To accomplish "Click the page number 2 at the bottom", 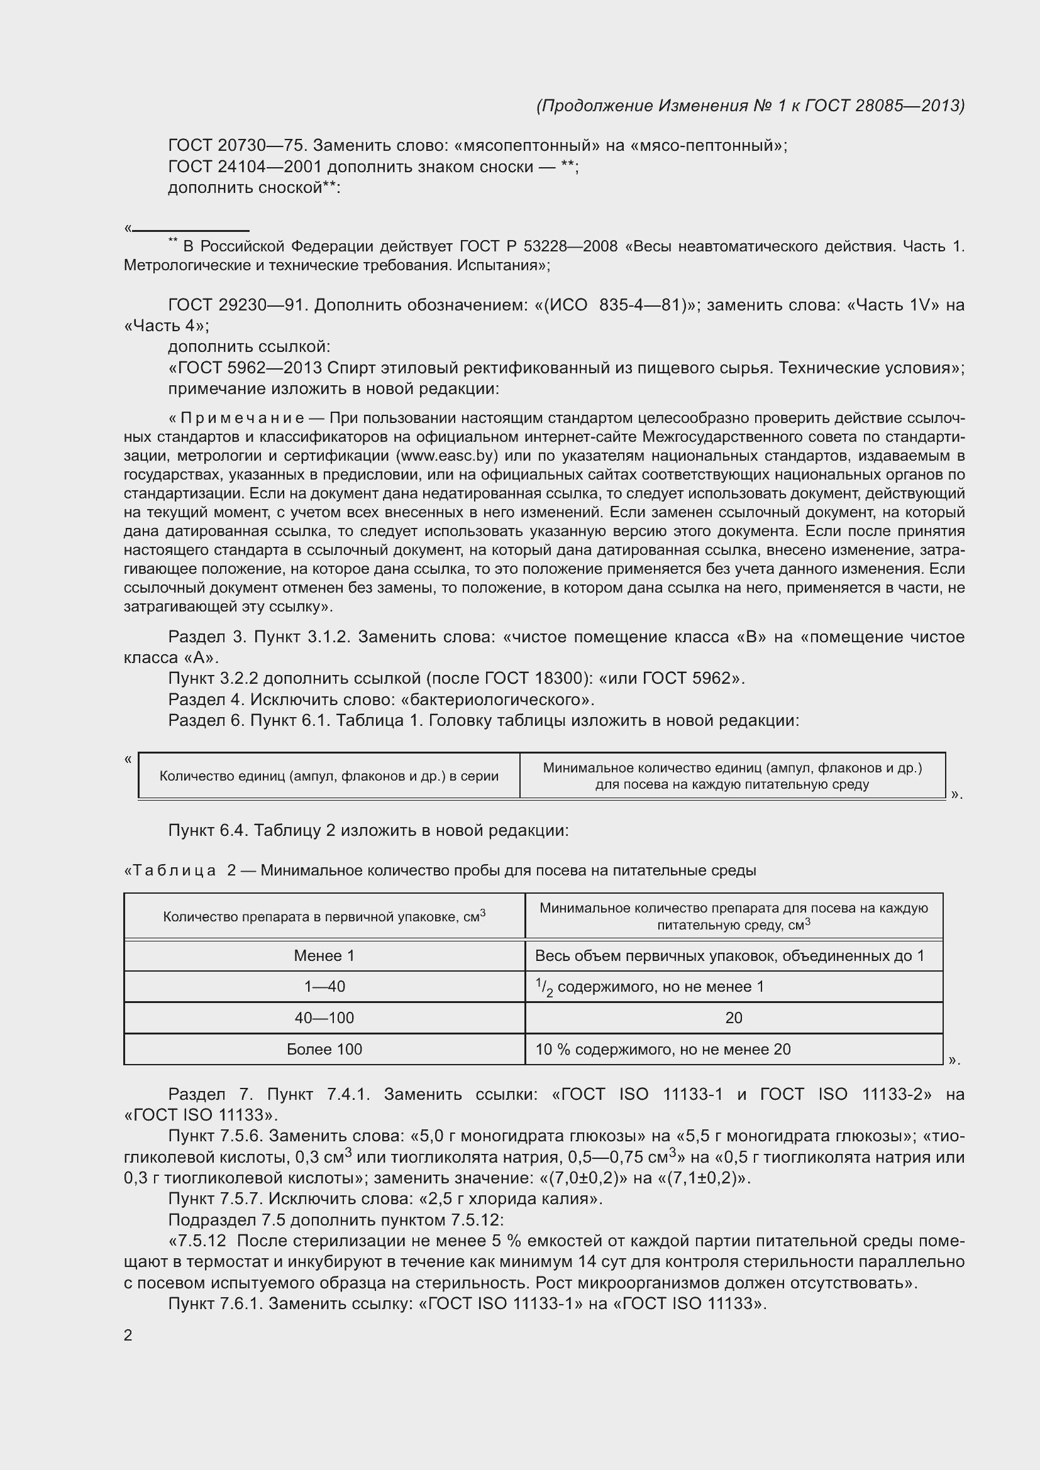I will coord(128,1335).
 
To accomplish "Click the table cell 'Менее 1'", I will coord(324,956).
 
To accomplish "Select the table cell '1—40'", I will coord(324,987).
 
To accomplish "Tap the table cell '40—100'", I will coord(324,1018).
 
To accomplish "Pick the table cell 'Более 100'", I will coord(324,1050).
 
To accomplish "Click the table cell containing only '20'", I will coord(733,1018).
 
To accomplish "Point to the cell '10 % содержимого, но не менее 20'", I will coord(663,1050).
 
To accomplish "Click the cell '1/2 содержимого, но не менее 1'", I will coord(650,987).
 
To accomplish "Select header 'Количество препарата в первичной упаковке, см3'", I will coord(324,916).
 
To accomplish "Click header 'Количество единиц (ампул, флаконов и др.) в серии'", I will coord(328,776).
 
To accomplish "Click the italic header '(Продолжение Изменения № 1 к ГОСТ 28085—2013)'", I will coord(750,106).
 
